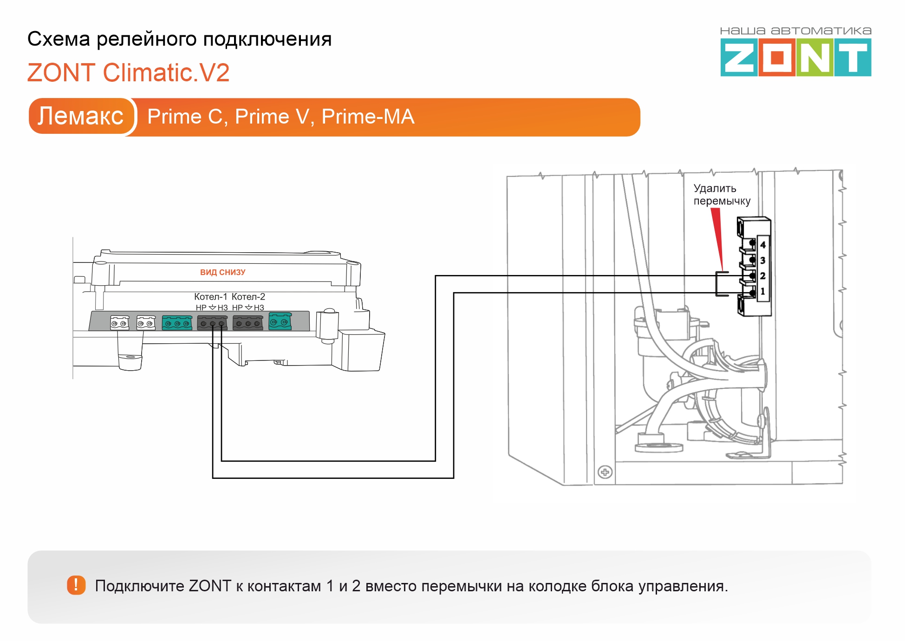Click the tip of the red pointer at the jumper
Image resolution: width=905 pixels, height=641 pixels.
722,271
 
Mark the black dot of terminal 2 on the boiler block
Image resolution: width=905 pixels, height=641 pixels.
752,276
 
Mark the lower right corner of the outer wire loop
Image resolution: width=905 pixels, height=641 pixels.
454,477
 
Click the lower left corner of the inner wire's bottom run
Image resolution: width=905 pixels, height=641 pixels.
221,461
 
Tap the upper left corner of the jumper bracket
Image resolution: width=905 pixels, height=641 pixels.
716,272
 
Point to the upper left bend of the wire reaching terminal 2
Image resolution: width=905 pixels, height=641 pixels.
436,276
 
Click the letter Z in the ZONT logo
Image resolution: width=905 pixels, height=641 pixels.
739,58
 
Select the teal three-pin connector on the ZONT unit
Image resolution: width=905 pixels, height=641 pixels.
177,322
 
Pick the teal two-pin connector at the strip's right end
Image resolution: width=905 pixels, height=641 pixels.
280,321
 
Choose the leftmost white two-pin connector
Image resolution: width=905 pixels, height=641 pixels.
119,322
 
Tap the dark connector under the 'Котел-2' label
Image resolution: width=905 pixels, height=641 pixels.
248,322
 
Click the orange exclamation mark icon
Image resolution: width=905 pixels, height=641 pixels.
76,585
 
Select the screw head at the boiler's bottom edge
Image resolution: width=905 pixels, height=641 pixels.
605,472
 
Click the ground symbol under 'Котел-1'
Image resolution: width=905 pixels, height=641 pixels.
212,307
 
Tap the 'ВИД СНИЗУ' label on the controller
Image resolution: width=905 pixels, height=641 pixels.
223,272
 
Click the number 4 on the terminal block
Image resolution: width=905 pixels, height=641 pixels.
763,245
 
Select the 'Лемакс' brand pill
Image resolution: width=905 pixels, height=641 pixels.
81,116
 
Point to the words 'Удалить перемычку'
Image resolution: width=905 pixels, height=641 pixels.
722,195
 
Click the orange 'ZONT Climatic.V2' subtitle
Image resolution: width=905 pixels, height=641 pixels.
129,73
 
